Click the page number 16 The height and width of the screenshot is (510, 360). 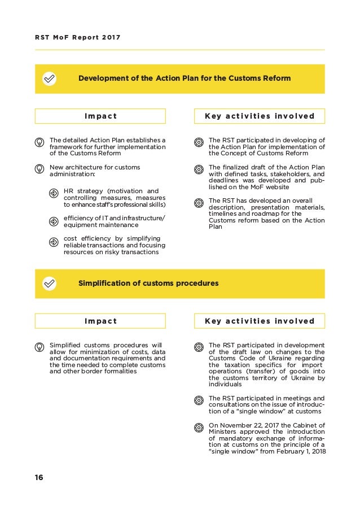pyautogui.click(x=38, y=477)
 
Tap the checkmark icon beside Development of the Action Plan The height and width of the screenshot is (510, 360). pyautogui.click(x=50, y=79)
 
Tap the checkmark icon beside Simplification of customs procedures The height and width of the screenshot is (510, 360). pyautogui.click(x=50, y=283)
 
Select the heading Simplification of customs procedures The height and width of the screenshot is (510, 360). pyautogui.click(x=148, y=283)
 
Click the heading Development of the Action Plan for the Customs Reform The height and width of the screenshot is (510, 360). pyautogui.click(x=184, y=79)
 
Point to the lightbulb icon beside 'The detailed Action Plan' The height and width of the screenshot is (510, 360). pyautogui.click(x=40, y=142)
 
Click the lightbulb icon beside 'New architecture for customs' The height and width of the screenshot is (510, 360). pyautogui.click(x=40, y=169)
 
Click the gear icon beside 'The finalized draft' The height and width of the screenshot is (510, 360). pyautogui.click(x=199, y=169)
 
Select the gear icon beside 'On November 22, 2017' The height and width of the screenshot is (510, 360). pyautogui.click(x=199, y=428)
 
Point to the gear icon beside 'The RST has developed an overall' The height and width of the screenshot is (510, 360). pyautogui.click(x=199, y=202)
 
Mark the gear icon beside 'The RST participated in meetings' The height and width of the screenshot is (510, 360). pyautogui.click(x=199, y=400)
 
